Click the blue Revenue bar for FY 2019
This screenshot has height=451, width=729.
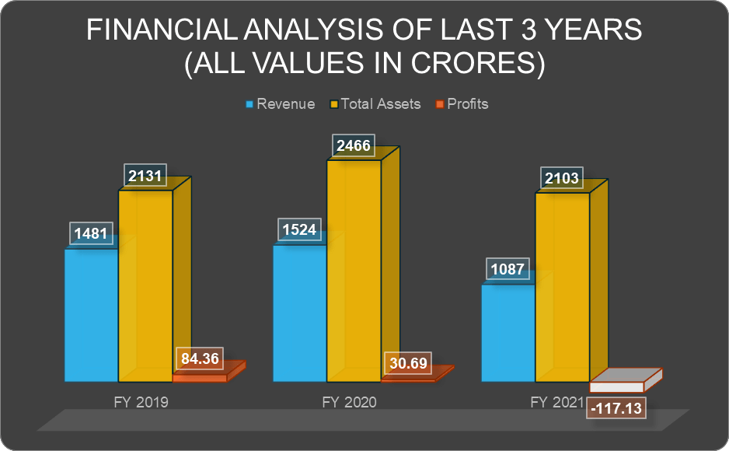pos(91,315)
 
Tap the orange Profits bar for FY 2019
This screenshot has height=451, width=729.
pos(200,378)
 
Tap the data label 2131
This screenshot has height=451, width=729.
pos(145,176)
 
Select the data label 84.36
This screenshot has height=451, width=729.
pos(200,359)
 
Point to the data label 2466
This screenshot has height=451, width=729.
pos(354,145)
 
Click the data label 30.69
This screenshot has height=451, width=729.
pos(407,362)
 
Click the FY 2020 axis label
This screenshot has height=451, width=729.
pos(349,403)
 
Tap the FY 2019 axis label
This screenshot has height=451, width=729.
pos(141,403)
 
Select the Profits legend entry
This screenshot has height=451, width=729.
pos(467,104)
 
